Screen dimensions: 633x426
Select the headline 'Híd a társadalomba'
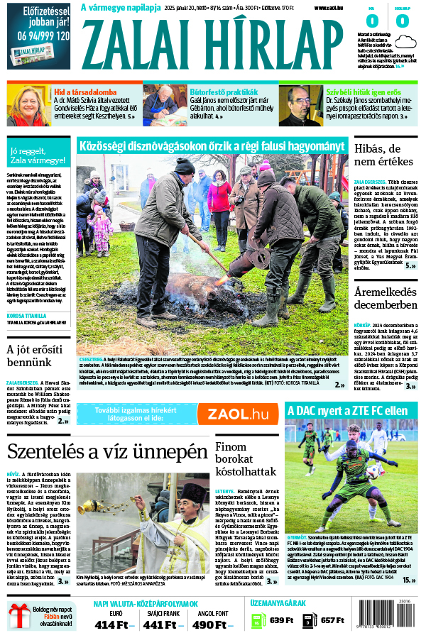(85, 92)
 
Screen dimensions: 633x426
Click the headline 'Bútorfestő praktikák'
(224, 92)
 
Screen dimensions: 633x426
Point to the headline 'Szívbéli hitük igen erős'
(363, 92)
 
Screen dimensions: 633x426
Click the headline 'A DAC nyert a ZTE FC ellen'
(347, 409)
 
